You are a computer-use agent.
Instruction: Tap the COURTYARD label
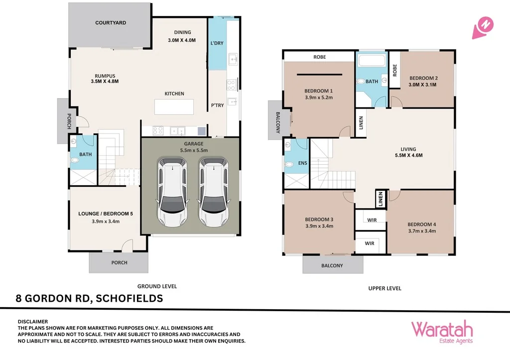point(111,23)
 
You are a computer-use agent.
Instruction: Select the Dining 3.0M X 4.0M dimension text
point(182,40)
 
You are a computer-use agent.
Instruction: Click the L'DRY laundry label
point(217,43)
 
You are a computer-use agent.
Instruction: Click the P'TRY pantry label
point(217,106)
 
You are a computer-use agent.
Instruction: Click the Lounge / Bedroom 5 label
point(106,214)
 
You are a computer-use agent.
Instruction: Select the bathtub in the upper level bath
point(372,62)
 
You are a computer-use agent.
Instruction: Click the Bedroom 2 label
point(423,78)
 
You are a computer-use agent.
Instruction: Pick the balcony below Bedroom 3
point(332,265)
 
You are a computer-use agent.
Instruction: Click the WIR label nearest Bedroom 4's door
point(372,220)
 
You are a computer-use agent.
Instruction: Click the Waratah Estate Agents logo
point(441,332)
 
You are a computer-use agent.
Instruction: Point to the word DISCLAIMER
point(32,322)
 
